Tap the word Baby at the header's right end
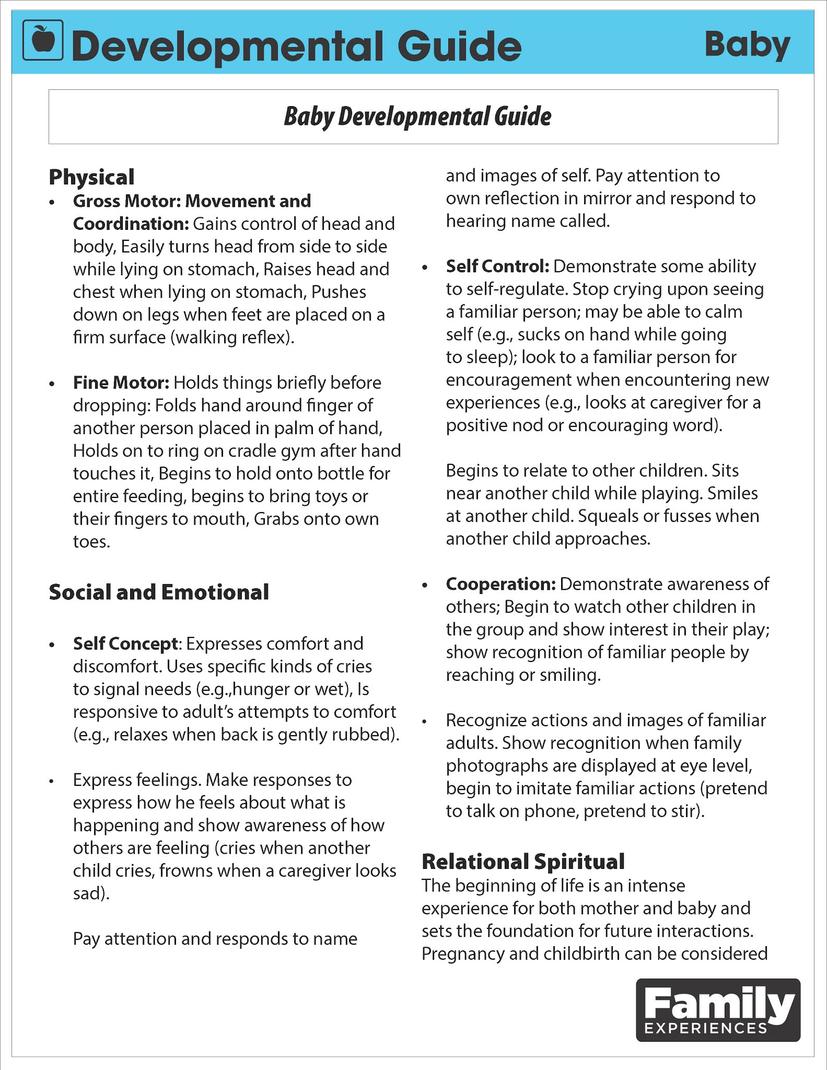pyautogui.click(x=747, y=45)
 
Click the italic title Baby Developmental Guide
pyautogui.click(x=417, y=117)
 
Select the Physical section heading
pyautogui.click(x=91, y=177)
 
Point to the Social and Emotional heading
pyautogui.click(x=159, y=592)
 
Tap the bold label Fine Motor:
pyautogui.click(x=121, y=382)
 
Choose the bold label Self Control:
pyautogui.click(x=497, y=266)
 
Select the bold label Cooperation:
pyautogui.click(x=500, y=584)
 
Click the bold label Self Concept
pyautogui.click(x=125, y=644)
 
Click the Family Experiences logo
pyautogui.click(x=718, y=1010)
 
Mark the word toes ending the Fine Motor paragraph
pyautogui.click(x=91, y=542)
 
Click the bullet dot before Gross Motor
pyautogui.click(x=51, y=202)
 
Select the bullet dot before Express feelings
pyautogui.click(x=51, y=782)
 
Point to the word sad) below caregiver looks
pyautogui.click(x=91, y=893)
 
